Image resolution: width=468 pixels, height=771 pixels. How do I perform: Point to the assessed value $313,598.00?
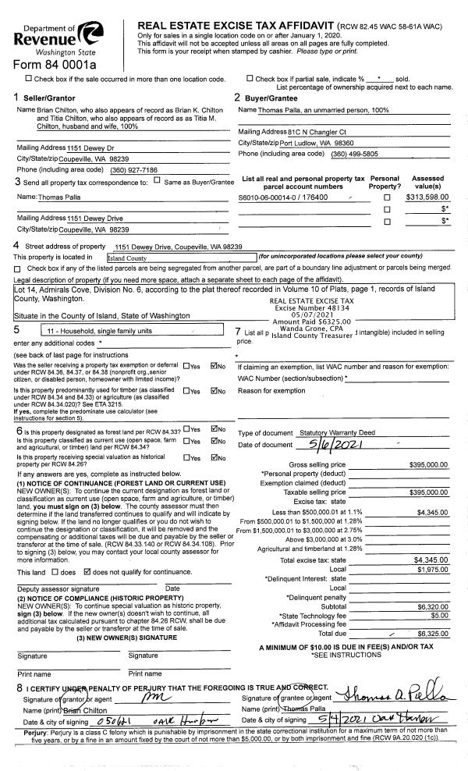[x=427, y=197]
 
